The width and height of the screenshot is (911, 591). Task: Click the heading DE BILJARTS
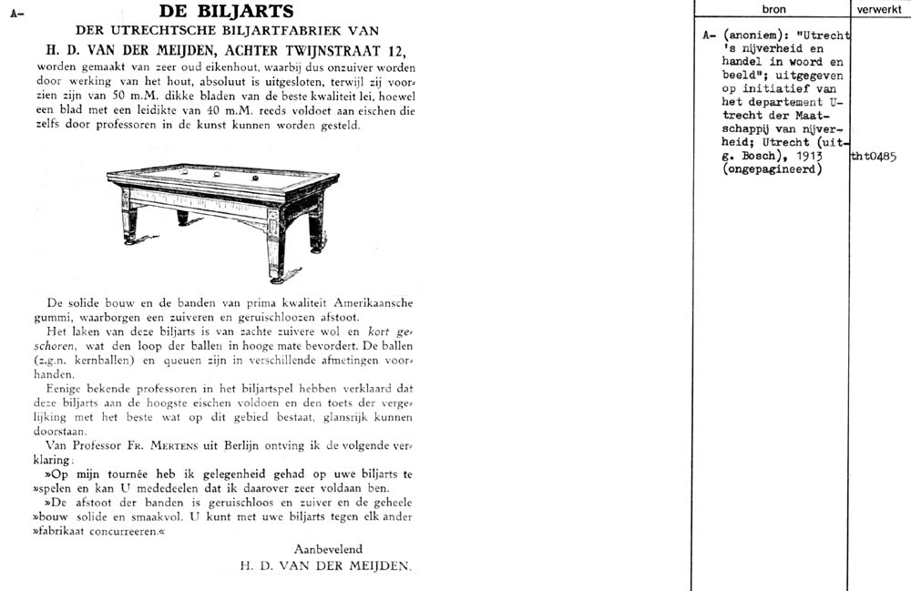coord(226,12)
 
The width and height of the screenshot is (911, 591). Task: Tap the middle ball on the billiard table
coord(217,173)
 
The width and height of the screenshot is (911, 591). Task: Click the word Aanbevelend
coord(327,549)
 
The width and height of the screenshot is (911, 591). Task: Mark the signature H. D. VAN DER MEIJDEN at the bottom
coord(325,566)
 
